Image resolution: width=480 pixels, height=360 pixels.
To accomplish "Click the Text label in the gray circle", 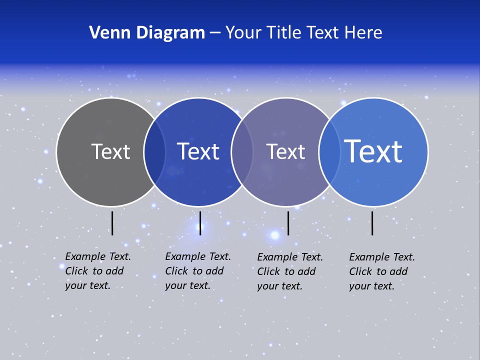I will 110,151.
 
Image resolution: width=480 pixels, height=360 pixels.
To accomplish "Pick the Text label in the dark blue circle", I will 198,151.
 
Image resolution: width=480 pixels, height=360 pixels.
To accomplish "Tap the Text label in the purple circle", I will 285,151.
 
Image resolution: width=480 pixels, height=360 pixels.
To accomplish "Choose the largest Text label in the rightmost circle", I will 373,151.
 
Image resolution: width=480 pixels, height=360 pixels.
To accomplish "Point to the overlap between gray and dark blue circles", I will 154,152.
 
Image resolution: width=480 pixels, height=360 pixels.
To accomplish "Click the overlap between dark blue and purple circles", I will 242,152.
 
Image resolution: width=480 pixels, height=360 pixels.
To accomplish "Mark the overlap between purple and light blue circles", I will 329,152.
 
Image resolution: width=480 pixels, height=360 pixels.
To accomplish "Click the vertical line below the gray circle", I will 112,223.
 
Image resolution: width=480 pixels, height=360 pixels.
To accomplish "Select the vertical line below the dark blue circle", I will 200,223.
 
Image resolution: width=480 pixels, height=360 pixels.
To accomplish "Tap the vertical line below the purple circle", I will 288,223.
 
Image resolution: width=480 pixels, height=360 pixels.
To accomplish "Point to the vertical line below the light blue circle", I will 372,223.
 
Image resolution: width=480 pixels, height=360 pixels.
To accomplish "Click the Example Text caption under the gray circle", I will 98,271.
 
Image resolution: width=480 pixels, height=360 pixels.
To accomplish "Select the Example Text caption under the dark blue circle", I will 198,271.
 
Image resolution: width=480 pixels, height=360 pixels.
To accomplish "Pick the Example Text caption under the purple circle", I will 290,271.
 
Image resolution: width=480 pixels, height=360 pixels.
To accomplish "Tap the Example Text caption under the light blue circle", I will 382,271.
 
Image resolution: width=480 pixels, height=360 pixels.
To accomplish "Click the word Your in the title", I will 243,33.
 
